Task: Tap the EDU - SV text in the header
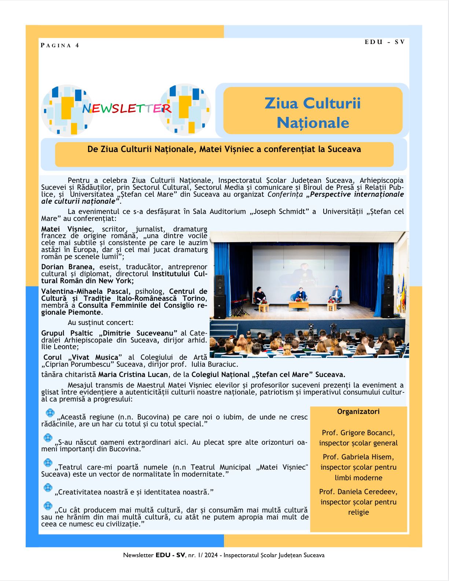(384, 42)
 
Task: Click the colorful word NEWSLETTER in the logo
(126, 108)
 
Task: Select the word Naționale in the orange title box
(313, 123)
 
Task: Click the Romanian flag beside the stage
(404, 293)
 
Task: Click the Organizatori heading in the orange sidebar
(358, 412)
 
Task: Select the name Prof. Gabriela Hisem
(358, 457)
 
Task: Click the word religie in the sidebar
(358, 512)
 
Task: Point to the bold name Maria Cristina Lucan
(133, 375)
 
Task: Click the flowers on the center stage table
(299, 300)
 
